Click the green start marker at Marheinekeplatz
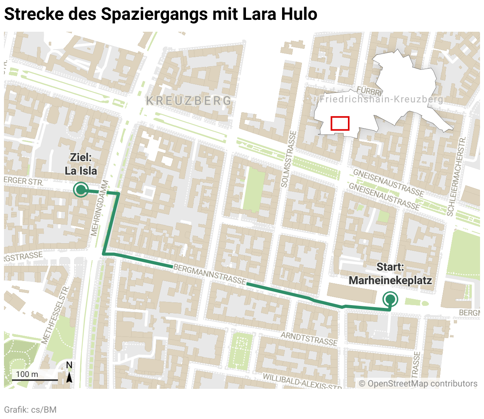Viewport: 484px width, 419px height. click(x=390, y=299)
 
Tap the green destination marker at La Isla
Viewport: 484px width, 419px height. click(x=81, y=190)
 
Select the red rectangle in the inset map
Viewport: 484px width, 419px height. click(x=340, y=123)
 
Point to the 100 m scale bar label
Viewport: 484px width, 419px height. click(x=27, y=374)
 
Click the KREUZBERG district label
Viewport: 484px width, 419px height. click(x=189, y=101)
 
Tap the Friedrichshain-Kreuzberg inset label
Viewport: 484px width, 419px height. click(x=381, y=99)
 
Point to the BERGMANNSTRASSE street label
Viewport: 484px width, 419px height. click(x=210, y=274)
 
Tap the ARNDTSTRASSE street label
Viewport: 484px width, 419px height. click(x=309, y=338)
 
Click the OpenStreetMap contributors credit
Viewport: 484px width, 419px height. click(x=418, y=384)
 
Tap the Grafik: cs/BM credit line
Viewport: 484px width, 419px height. click(x=30, y=409)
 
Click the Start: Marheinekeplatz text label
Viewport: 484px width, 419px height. click(x=390, y=274)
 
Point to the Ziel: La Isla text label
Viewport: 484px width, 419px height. click(x=81, y=164)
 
